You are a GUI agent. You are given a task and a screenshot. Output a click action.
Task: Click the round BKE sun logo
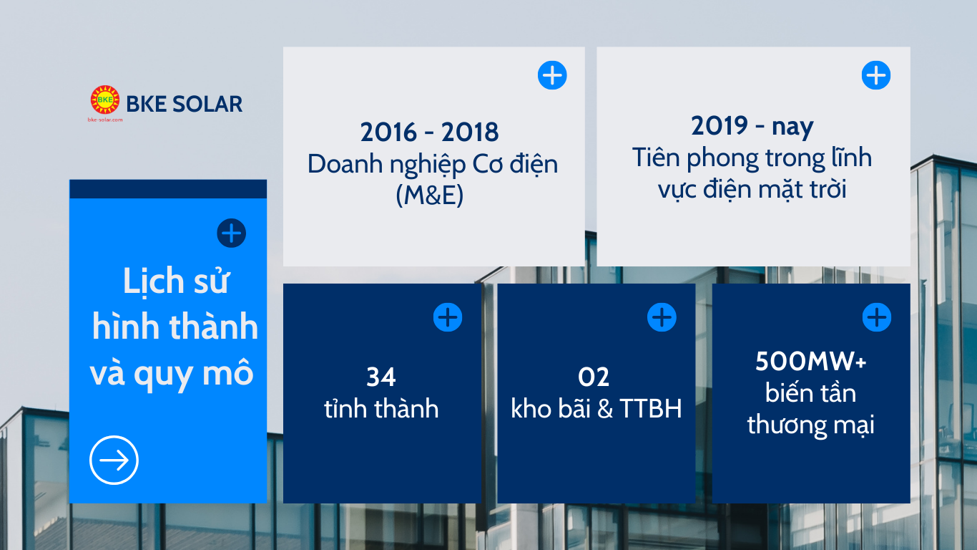pyautogui.click(x=104, y=100)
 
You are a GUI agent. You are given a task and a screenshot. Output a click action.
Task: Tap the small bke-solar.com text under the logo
pyautogui.click(x=105, y=120)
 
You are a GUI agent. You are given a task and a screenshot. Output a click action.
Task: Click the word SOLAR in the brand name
pyautogui.click(x=207, y=104)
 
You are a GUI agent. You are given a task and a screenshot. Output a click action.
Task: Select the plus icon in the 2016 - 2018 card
pyautogui.click(x=552, y=75)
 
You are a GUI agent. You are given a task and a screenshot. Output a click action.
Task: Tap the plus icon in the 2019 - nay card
pyautogui.click(x=876, y=75)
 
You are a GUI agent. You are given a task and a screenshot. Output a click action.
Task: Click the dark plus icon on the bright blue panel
pyautogui.click(x=231, y=233)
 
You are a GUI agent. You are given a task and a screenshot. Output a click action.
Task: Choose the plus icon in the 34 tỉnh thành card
pyautogui.click(x=448, y=317)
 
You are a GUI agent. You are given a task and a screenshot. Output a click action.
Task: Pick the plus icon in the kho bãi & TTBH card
pyautogui.click(x=662, y=317)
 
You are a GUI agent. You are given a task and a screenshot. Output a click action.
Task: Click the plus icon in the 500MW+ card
pyautogui.click(x=877, y=317)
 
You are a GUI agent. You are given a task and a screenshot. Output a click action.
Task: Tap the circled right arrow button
pyautogui.click(x=114, y=460)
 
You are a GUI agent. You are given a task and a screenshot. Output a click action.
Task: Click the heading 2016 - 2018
pyautogui.click(x=430, y=132)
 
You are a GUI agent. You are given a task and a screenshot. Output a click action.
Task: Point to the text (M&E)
pyautogui.click(x=430, y=195)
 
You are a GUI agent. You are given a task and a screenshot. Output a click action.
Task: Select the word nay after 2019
pyautogui.click(x=792, y=127)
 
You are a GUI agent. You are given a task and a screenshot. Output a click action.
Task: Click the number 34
pyautogui.click(x=381, y=377)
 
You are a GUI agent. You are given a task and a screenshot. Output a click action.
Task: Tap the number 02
pyautogui.click(x=594, y=377)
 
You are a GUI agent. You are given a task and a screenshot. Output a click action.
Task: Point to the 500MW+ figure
pyautogui.click(x=811, y=361)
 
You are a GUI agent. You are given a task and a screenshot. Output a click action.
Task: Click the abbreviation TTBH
pyautogui.click(x=651, y=408)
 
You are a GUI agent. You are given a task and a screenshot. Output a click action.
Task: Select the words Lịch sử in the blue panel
pyautogui.click(x=176, y=281)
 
